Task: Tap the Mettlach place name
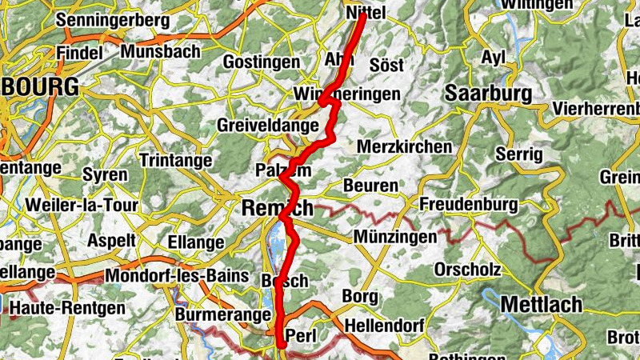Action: (542, 305)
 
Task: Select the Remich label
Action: (277, 208)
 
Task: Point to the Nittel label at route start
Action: (365, 14)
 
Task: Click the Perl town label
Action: (302, 334)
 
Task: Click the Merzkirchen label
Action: (404, 148)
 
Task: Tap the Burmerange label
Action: (222, 315)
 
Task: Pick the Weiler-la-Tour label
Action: (82, 205)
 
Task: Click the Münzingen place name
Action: (395, 237)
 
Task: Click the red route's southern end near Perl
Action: (281, 345)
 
